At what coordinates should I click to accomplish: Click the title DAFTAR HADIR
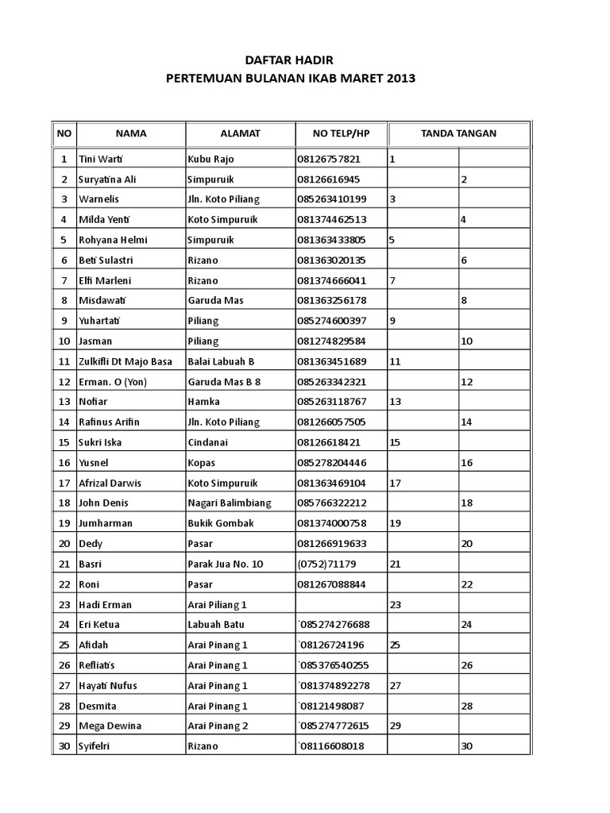coord(288,60)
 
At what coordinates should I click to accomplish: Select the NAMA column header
coord(130,133)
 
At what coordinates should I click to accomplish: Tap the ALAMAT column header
coord(240,133)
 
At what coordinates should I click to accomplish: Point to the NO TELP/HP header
coord(341,133)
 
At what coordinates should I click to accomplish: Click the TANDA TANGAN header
coord(458,133)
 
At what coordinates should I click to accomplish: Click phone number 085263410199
coord(332,199)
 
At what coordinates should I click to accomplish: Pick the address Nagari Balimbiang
coord(229,503)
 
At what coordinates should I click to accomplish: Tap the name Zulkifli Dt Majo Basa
coord(125,362)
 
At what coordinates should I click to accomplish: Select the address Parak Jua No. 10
coord(225,564)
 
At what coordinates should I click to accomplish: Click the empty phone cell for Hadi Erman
coord(341,605)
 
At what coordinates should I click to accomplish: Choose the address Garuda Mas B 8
coord(224,382)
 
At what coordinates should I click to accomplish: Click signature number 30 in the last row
coord(467,747)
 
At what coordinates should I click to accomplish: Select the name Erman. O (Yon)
coord(113,382)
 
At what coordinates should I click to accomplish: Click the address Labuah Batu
coord(216,625)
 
